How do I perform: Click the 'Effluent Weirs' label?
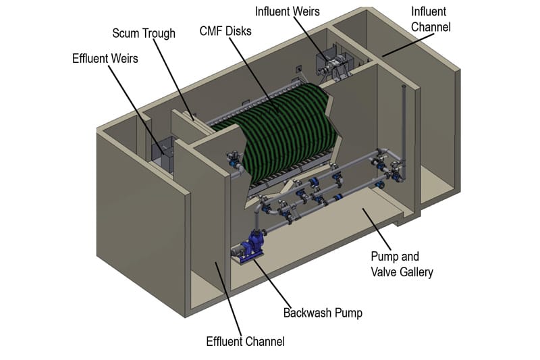pos(105,58)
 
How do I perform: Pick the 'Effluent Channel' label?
pos(245,341)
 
